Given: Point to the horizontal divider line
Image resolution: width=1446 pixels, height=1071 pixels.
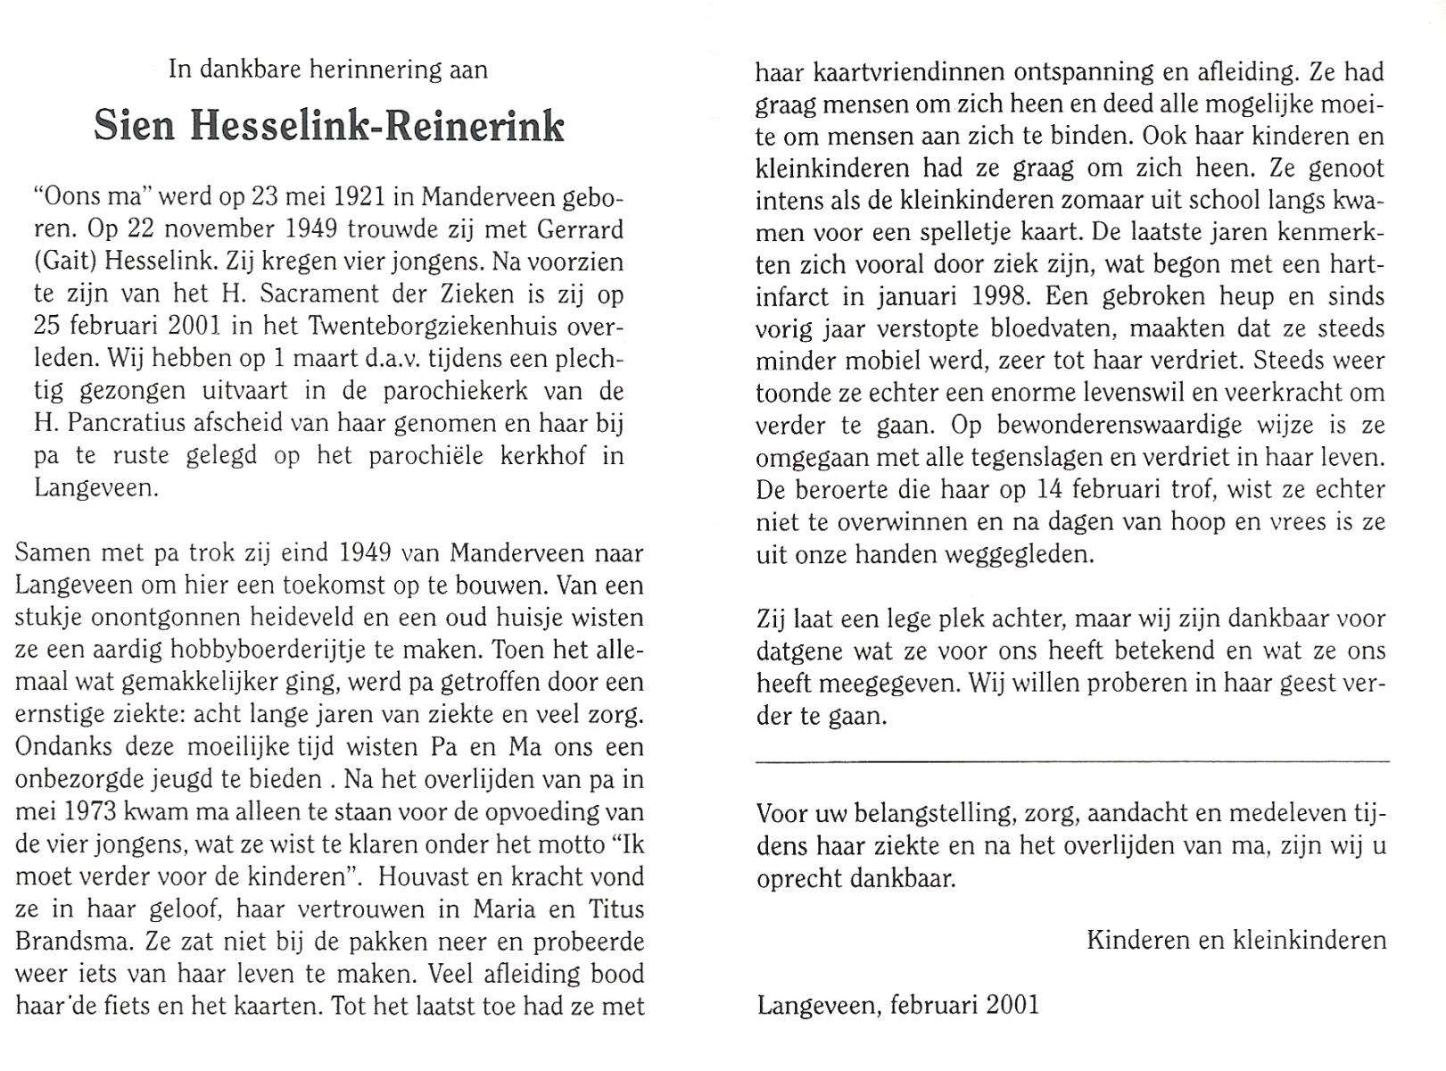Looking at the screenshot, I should point(1071,761).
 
